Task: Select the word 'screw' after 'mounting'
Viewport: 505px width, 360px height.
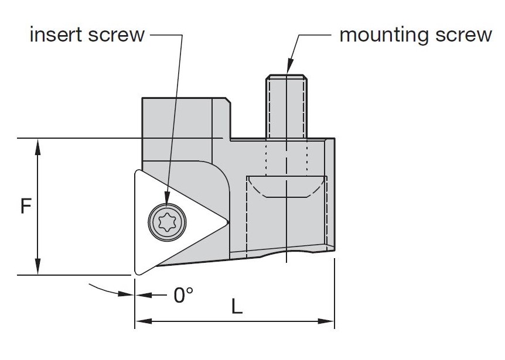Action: pos(463,35)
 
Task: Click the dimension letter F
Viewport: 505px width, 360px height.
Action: pos(25,207)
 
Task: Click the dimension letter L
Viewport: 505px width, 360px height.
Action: pos(236,307)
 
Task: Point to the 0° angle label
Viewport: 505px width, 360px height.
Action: pos(183,295)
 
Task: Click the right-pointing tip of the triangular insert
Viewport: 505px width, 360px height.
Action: pos(225,222)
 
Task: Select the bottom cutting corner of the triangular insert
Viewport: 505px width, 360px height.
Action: pos(137,272)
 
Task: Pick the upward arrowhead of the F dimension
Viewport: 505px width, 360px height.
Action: pos(38,144)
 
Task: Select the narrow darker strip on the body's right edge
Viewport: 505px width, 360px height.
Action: pos(331,193)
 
